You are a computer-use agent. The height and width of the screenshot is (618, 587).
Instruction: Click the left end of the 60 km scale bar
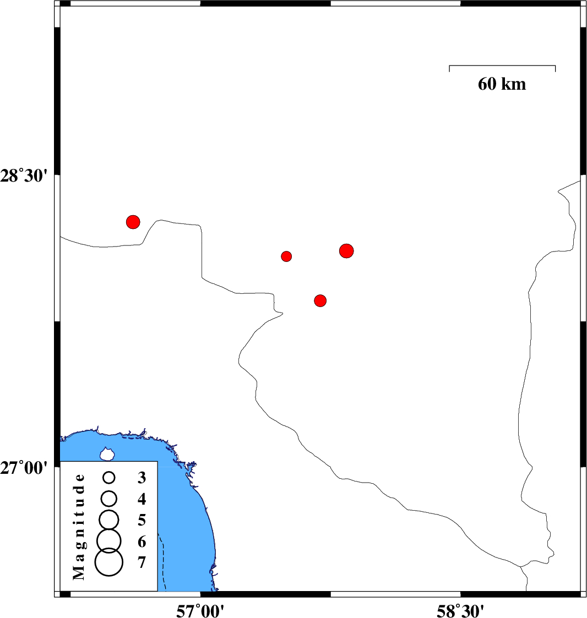click(x=449, y=65)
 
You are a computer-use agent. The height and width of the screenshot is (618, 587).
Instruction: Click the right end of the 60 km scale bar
click(x=556, y=65)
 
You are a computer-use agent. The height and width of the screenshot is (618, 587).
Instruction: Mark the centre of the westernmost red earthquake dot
click(x=133, y=222)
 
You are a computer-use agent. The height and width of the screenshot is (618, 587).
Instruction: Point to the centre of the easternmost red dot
click(x=346, y=251)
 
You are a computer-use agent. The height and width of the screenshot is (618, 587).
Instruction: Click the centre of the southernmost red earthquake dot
click(x=320, y=300)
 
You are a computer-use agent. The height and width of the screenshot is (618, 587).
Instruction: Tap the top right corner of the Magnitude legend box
click(x=157, y=461)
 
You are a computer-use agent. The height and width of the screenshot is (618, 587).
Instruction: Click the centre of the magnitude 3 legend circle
click(x=109, y=478)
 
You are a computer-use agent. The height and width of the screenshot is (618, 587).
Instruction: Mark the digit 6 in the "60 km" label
click(x=482, y=84)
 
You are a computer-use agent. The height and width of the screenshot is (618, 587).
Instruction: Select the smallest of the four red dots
click(x=286, y=256)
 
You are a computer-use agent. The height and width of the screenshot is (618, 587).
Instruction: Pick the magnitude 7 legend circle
click(x=109, y=562)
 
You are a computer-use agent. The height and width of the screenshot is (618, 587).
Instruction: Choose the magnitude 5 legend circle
click(x=109, y=519)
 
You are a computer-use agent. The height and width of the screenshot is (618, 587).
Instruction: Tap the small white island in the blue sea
click(x=107, y=454)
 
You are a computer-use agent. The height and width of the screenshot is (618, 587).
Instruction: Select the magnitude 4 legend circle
click(x=109, y=499)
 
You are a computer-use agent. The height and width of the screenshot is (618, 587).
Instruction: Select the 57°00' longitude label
click(x=200, y=611)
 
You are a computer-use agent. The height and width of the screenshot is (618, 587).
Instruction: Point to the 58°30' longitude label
click(x=460, y=611)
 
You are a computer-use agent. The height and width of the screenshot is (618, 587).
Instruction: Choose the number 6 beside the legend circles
click(x=142, y=542)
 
